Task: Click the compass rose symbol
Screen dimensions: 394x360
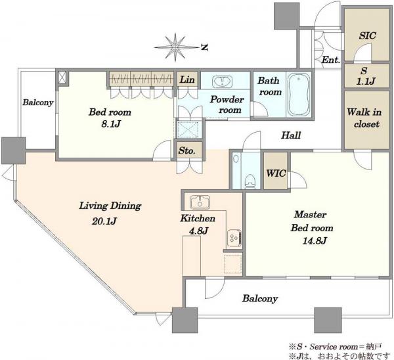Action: (x=175, y=47)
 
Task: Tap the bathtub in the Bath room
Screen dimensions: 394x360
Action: (x=299, y=95)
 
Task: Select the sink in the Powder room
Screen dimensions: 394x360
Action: (x=223, y=81)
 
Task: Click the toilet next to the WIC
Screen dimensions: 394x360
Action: (x=250, y=181)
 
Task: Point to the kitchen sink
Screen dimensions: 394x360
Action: (x=200, y=202)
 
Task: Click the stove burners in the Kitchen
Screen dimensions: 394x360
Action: (x=234, y=237)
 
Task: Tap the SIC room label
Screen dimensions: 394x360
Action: (x=367, y=35)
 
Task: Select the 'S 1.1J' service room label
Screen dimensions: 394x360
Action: (x=365, y=76)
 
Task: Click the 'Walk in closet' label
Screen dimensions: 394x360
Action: (x=364, y=118)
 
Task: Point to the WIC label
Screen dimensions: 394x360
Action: (x=276, y=173)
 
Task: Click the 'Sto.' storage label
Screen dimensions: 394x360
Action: (x=186, y=150)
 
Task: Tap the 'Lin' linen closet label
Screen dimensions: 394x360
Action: (x=187, y=79)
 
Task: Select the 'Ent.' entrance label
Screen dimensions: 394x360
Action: (x=331, y=60)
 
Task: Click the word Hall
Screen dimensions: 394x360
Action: (x=291, y=135)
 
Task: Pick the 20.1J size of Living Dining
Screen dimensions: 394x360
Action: (x=104, y=221)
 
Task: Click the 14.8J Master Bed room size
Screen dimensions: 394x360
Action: (x=314, y=241)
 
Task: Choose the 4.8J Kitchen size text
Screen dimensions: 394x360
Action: (x=198, y=231)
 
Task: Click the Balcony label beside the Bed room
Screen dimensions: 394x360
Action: (x=38, y=102)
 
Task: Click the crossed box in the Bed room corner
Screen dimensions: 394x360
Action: (x=63, y=78)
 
